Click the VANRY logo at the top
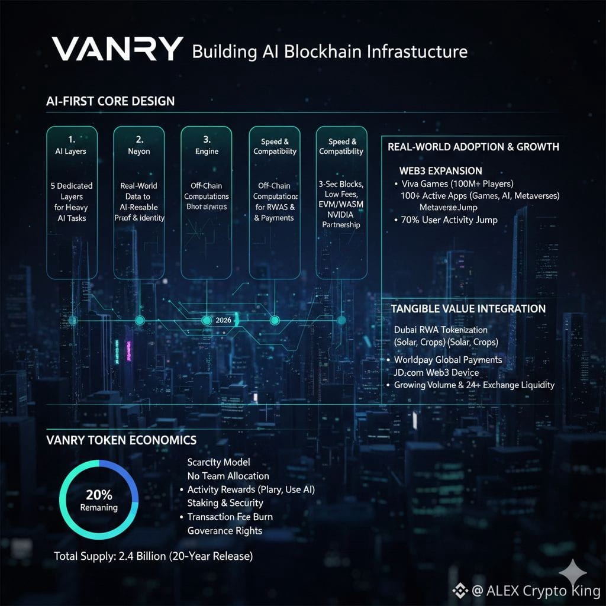[117, 50]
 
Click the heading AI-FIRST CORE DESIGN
[110, 101]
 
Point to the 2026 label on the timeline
[224, 320]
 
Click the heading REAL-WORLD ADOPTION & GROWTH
[473, 147]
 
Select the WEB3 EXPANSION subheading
[441, 171]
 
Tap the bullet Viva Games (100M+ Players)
[457, 183]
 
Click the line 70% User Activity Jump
[449, 220]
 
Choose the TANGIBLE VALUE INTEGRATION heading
[468, 309]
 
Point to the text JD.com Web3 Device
[440, 372]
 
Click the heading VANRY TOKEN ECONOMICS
[121, 440]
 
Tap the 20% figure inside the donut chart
[99, 495]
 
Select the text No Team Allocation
[228, 476]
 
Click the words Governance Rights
[224, 531]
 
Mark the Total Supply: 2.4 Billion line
[153, 557]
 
